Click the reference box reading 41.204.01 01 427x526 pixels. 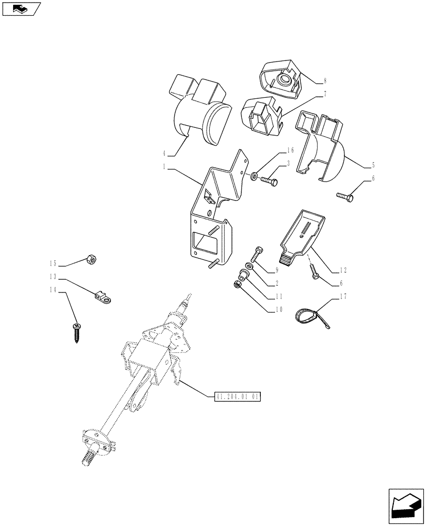238,397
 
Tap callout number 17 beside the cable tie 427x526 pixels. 343,297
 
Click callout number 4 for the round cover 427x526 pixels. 165,154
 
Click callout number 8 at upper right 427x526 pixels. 324,81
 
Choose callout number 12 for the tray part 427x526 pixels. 343,270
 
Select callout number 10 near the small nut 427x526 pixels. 278,309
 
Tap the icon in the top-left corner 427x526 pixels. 21,8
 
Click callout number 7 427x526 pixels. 324,94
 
